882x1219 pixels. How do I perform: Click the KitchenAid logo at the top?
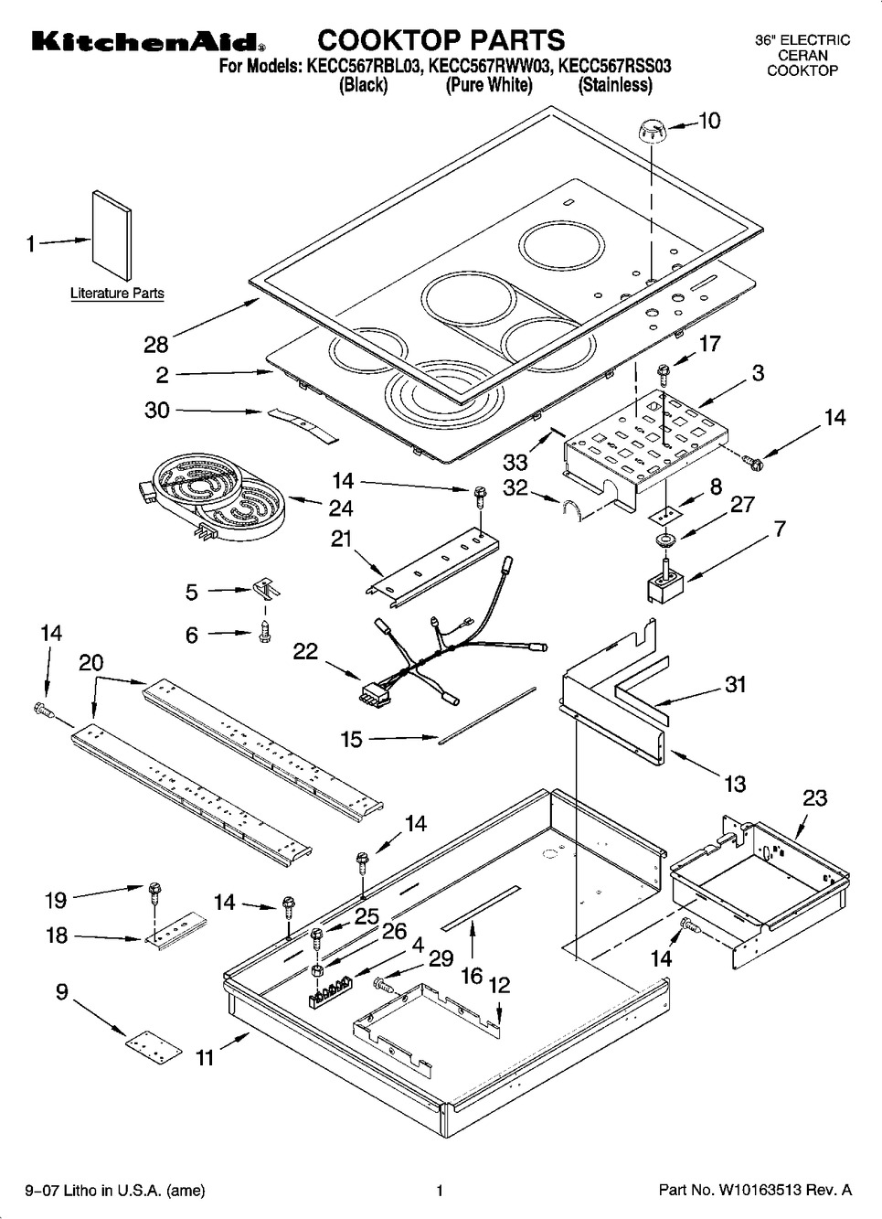click(x=147, y=42)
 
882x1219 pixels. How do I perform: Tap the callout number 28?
click(x=156, y=344)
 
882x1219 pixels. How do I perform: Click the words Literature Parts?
click(x=117, y=294)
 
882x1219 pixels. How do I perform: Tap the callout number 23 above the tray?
click(x=814, y=797)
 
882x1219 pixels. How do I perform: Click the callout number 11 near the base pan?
click(x=206, y=1058)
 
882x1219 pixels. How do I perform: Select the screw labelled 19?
click(x=154, y=889)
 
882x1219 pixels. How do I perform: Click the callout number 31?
click(x=736, y=684)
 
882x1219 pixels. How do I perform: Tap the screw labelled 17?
click(x=664, y=371)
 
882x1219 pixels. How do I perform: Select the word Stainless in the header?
click(x=615, y=85)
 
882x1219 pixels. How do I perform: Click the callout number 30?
click(x=157, y=410)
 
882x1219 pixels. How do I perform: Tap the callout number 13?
click(x=735, y=783)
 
